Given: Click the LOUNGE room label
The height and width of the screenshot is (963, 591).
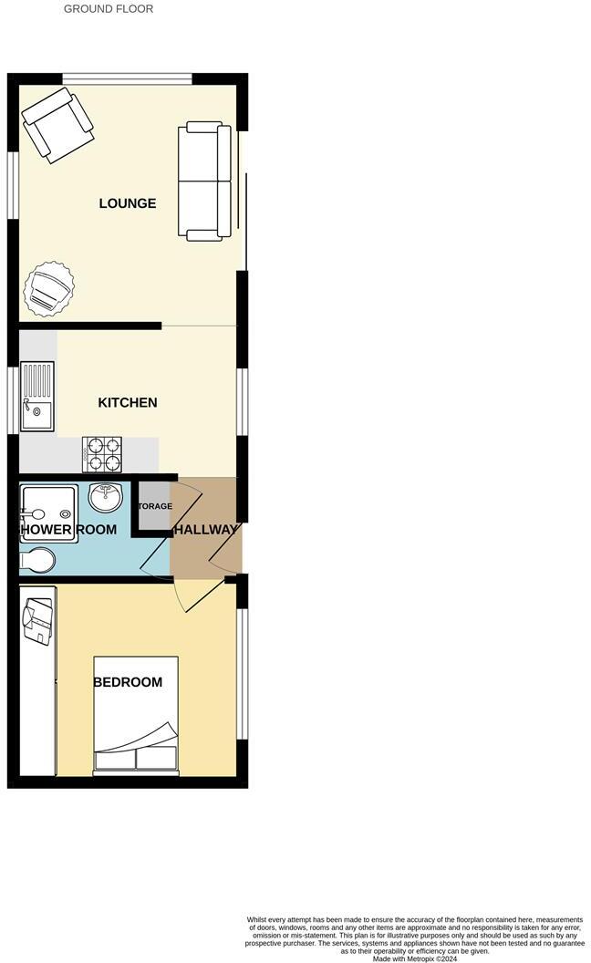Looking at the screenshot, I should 128,203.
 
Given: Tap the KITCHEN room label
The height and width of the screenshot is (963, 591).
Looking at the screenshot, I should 128,402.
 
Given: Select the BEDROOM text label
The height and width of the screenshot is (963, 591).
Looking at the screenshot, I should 128,682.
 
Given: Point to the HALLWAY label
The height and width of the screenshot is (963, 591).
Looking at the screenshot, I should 205,530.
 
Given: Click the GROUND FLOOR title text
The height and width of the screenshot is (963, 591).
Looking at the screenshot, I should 109,9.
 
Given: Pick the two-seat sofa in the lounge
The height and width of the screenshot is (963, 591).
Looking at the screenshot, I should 204,181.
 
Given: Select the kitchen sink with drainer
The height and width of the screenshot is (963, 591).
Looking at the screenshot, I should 36,397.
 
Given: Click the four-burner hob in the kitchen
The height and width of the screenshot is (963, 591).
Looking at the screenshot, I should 102,454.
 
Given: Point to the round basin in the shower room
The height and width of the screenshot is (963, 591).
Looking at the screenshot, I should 106,498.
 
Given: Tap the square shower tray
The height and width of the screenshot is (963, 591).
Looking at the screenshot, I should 48,513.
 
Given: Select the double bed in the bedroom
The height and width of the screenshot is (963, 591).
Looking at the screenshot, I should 136,716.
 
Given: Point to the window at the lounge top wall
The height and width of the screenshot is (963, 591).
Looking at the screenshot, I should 127,79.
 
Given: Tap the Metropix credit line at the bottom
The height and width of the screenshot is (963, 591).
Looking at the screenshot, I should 415,958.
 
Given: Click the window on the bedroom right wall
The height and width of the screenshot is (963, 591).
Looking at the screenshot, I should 242,672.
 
